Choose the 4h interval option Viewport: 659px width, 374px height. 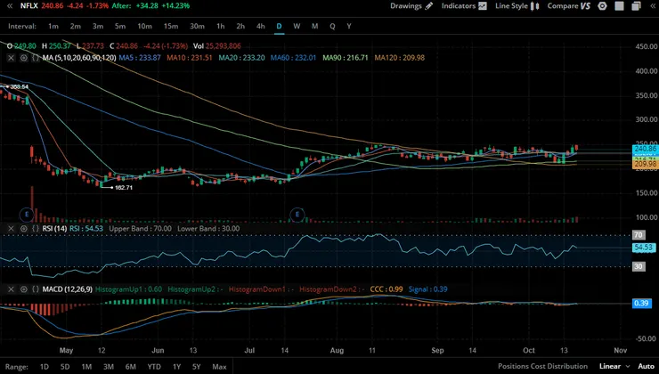(260, 26)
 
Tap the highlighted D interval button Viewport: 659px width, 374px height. (279, 26)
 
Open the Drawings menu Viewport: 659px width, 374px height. (412, 6)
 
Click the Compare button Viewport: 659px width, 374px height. (568, 6)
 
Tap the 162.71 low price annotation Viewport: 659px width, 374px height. (123, 187)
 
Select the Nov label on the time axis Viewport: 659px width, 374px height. (620, 352)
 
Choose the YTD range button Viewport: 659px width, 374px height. (154, 367)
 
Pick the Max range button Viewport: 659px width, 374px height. (219, 367)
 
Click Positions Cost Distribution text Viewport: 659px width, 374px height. (542, 367)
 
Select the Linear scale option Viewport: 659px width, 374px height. (610, 367)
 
